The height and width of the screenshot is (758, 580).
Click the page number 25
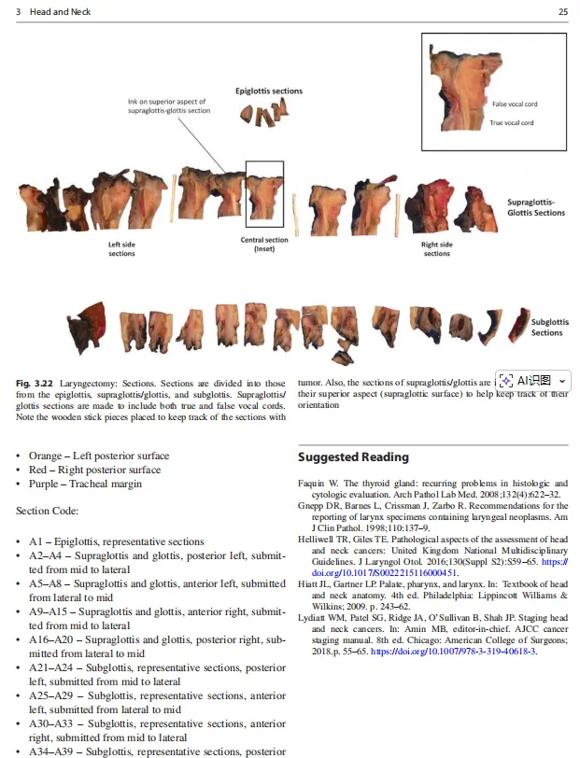[562, 11]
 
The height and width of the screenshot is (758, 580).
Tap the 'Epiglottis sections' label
[269, 91]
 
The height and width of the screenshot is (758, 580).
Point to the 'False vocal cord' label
[515, 105]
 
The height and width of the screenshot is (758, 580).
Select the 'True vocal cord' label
[512, 122]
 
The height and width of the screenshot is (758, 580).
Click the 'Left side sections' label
[121, 249]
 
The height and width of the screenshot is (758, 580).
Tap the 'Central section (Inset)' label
[264, 245]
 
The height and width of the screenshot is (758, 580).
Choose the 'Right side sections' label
[436, 249]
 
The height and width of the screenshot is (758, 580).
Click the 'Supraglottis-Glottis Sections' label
[536, 207]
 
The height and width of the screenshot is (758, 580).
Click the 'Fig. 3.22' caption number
[35, 384]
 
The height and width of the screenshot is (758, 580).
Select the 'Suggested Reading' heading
[353, 456]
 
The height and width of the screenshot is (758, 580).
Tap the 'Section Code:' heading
[48, 511]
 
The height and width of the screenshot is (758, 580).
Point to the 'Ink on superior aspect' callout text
[169, 105]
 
